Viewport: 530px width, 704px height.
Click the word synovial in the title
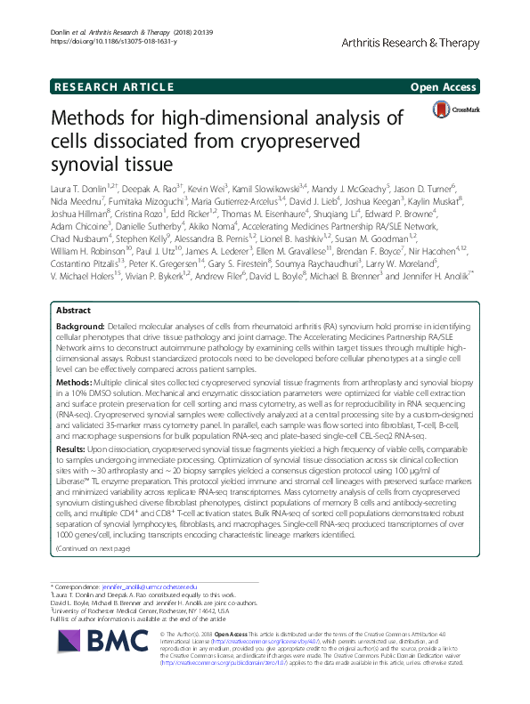tap(91, 164)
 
